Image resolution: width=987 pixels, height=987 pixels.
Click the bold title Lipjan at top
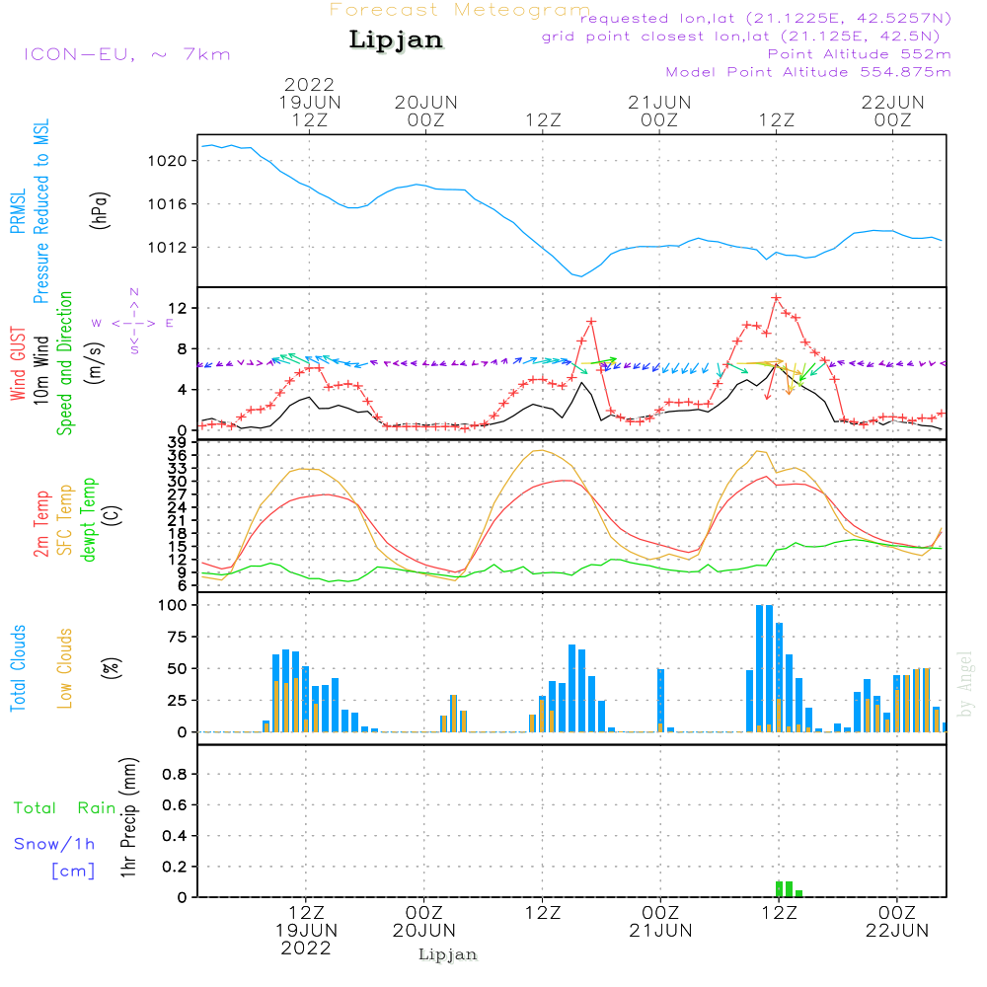tap(396, 40)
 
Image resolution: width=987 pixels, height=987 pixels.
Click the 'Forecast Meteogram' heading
tap(460, 10)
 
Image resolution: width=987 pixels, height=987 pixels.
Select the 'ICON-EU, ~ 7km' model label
tap(127, 54)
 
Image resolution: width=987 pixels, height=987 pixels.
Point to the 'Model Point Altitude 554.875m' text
tap(808, 72)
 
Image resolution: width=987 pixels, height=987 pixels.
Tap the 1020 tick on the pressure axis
tap(168, 161)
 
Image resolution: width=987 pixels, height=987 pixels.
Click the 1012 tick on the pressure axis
tap(168, 248)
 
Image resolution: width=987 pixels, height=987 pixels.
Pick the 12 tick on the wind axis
tap(178, 308)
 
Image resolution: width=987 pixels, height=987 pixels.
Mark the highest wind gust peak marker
tap(776, 298)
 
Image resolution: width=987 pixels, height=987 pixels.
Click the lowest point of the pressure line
tap(581, 275)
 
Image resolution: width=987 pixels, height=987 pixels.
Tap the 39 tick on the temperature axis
tap(177, 442)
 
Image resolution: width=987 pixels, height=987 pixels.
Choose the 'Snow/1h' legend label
tap(54, 844)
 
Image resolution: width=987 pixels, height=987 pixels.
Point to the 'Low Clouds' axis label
tap(65, 668)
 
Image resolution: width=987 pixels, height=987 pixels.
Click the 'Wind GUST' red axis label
tap(18, 363)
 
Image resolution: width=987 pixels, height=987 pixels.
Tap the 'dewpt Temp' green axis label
tap(89, 519)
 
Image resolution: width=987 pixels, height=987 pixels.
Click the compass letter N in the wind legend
tap(134, 292)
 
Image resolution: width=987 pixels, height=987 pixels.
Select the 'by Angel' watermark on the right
tap(965, 684)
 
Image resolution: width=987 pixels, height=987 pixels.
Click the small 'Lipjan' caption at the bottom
tap(447, 954)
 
